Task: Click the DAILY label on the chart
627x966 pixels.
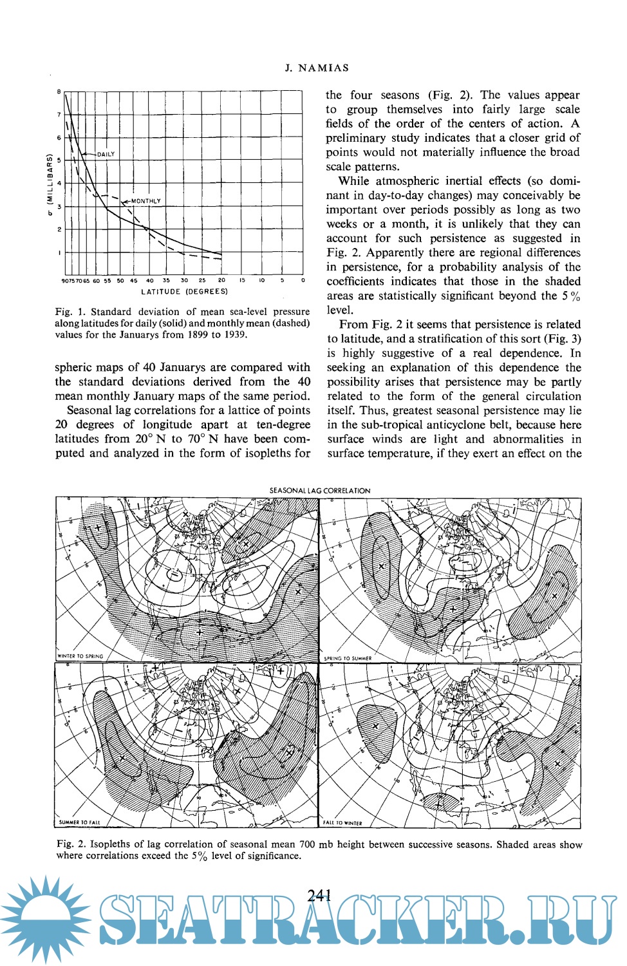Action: pos(106,154)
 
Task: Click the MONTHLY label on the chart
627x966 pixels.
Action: pos(146,201)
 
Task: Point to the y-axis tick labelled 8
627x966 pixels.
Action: pos(59,92)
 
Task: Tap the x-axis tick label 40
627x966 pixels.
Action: pos(150,281)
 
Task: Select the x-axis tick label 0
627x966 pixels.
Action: pos(303,281)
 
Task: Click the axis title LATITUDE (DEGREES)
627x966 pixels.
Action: pos(184,292)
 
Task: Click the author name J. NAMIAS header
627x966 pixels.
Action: pos(317,68)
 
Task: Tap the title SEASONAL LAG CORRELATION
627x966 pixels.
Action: pos(319,491)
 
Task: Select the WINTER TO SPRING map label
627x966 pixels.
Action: pos(80,656)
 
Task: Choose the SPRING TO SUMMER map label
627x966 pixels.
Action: pos(348,658)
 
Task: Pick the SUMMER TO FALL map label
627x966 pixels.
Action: pos(80,822)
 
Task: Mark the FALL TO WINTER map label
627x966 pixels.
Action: pos(343,823)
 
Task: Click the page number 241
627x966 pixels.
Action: pos(319,895)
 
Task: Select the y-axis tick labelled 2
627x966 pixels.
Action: pos(59,229)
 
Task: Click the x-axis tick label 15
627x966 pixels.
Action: pos(242,281)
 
